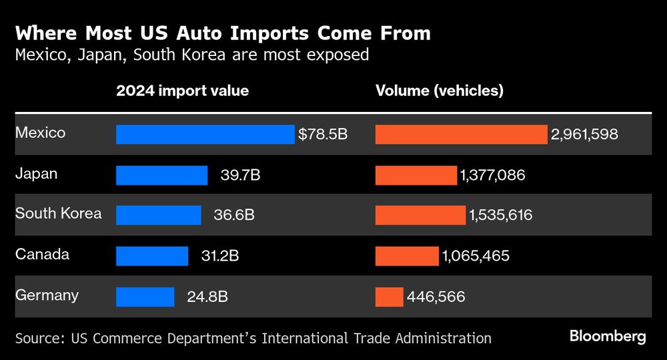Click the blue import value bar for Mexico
pyautogui.click(x=205, y=134)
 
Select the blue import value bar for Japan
pyautogui.click(x=161, y=175)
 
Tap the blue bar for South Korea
pyautogui.click(x=158, y=215)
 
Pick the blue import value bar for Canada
pyautogui.click(x=152, y=256)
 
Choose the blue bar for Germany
pyautogui.click(x=145, y=297)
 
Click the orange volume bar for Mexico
pyautogui.click(x=461, y=134)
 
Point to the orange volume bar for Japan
pyautogui.click(x=416, y=175)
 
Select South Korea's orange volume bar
pyautogui.click(x=420, y=215)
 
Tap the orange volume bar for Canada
pyautogui.click(x=407, y=256)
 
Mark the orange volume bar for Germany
pyautogui.click(x=390, y=297)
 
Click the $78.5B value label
pyautogui.click(x=323, y=134)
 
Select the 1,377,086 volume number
pyautogui.click(x=492, y=175)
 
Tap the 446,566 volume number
pyautogui.click(x=436, y=297)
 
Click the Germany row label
pyautogui.click(x=47, y=295)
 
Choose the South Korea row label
pyautogui.click(x=59, y=214)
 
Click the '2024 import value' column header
pyautogui.click(x=182, y=91)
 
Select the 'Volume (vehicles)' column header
pyautogui.click(x=440, y=91)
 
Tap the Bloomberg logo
pyautogui.click(x=608, y=337)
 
